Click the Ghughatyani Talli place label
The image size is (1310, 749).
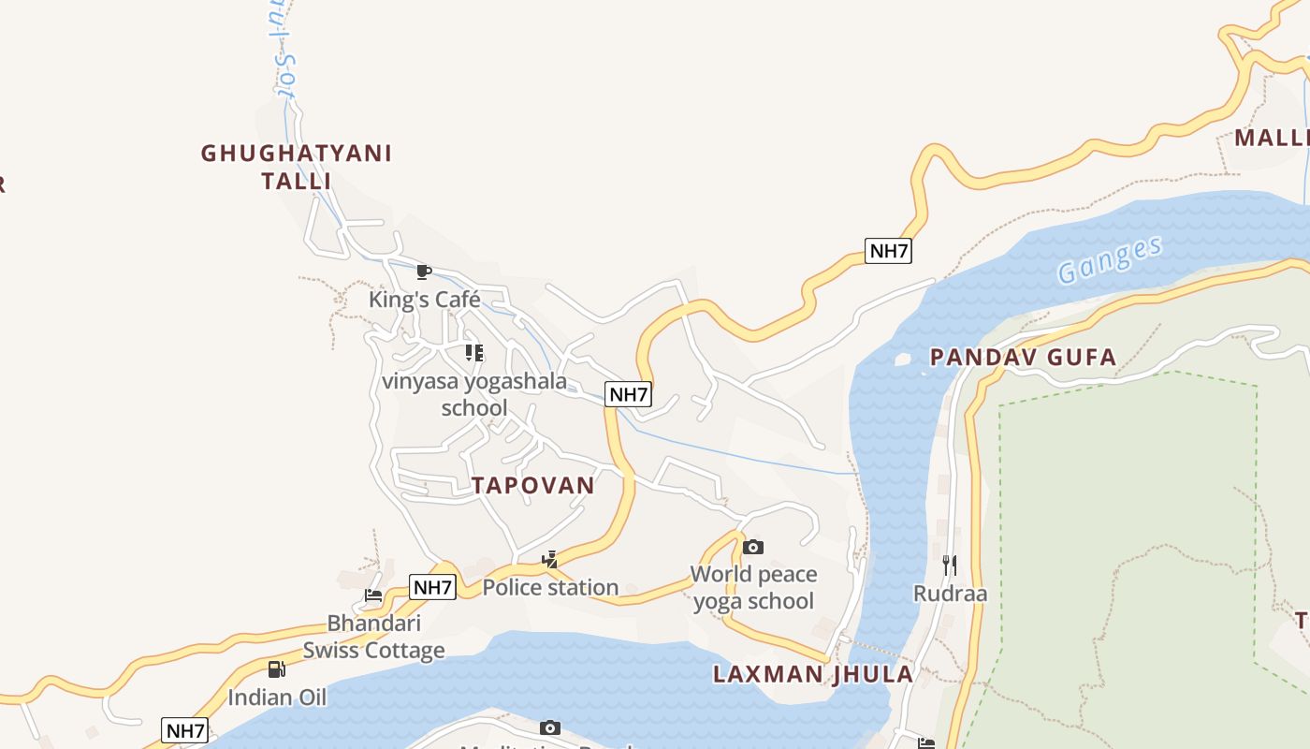(x=297, y=166)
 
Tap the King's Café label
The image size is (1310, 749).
(x=424, y=300)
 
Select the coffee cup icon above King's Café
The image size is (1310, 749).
(x=424, y=272)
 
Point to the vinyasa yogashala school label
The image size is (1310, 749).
(x=474, y=394)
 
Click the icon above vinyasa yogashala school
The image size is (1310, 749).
(x=474, y=353)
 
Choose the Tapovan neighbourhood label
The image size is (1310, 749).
(x=533, y=485)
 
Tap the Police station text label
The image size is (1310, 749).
(x=550, y=587)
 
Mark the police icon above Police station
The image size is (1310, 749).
(x=550, y=560)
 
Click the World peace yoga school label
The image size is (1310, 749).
(x=753, y=587)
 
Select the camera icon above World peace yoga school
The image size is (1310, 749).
(x=753, y=547)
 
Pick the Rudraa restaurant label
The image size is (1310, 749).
(x=950, y=594)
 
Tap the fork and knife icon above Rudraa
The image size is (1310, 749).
(x=950, y=565)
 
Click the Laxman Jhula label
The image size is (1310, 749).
(x=813, y=674)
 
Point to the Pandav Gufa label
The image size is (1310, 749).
(x=1023, y=357)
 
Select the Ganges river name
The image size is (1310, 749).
(x=1110, y=259)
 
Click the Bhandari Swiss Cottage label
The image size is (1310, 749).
(x=373, y=637)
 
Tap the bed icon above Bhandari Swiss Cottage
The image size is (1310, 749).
(x=373, y=595)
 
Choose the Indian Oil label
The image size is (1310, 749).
(x=277, y=698)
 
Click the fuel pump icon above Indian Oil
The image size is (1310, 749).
(x=277, y=668)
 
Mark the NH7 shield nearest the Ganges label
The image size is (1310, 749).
(x=888, y=251)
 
